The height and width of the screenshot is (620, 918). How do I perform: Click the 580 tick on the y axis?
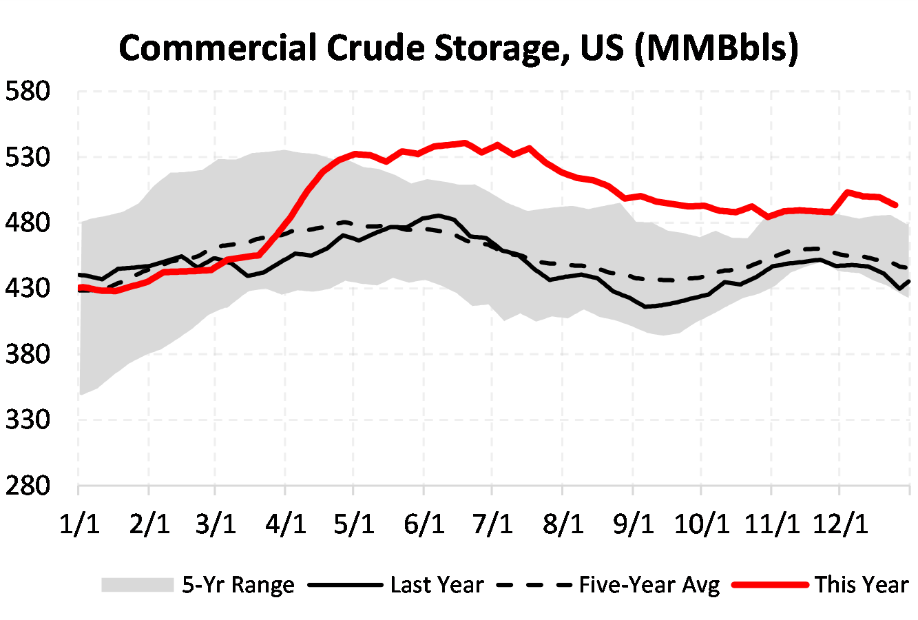[28, 91]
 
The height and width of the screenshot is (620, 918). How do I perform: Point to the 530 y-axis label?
[28, 157]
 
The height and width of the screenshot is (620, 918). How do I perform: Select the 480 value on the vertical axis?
[28, 223]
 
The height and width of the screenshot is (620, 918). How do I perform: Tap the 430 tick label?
[28, 288]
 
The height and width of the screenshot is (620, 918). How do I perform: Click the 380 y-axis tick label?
[28, 354]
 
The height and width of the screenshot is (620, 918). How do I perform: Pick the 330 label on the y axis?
[28, 420]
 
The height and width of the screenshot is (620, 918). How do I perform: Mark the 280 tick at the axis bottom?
[28, 486]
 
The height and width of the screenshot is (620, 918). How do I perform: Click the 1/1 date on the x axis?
[79, 524]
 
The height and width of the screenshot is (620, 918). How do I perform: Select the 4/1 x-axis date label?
[286, 524]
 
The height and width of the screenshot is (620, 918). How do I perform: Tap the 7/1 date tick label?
[493, 524]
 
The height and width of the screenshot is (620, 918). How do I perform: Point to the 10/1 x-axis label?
[701, 524]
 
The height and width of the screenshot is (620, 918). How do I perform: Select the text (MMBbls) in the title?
[716, 50]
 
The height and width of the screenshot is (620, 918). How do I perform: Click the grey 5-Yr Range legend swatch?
[137, 585]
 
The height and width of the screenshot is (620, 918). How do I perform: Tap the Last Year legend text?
[437, 585]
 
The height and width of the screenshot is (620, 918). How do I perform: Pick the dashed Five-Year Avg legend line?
[534, 585]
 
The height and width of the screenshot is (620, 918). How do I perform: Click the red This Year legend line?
[770, 585]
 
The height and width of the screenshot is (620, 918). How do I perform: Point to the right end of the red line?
[895, 205]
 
